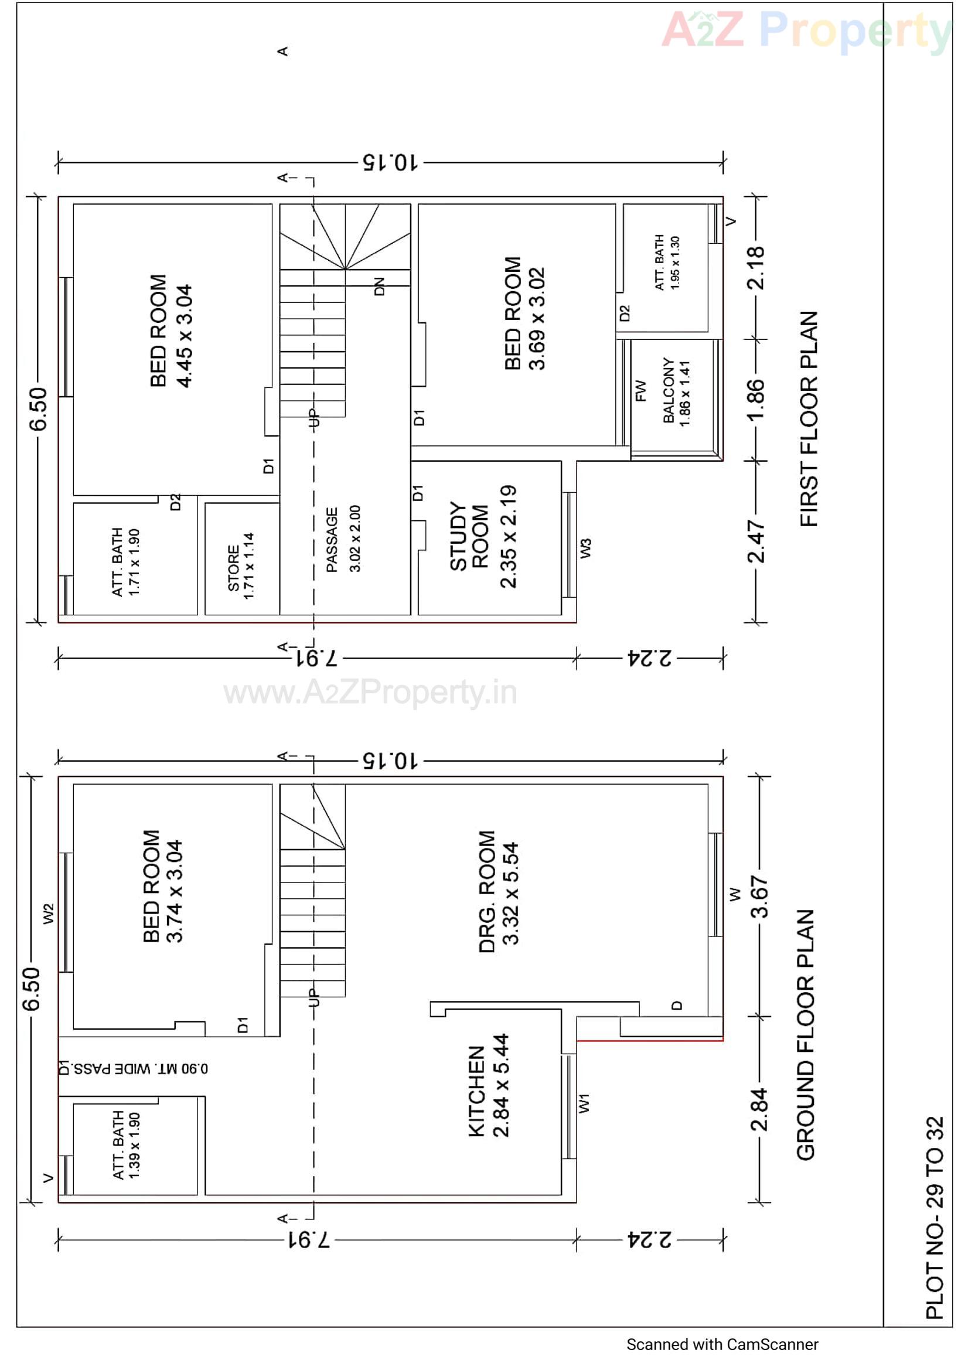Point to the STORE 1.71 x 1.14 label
[x=241, y=567]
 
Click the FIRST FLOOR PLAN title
[x=809, y=419]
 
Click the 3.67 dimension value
[x=759, y=895]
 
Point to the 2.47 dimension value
[x=756, y=541]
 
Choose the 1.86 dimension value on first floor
[x=755, y=400]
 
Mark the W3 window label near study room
[x=586, y=548]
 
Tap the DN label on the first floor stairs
[x=380, y=287]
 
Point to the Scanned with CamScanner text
[x=722, y=1344]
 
